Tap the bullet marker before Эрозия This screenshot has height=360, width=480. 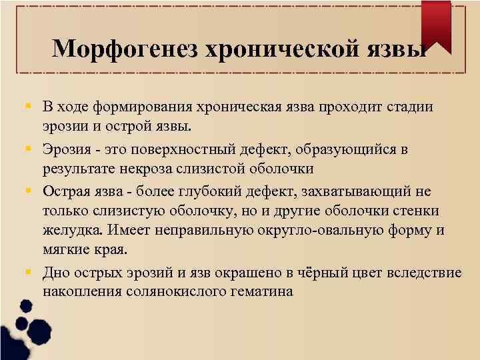coord(31,149)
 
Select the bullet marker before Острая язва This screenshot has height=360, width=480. coord(31,190)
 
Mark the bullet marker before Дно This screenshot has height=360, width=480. coord(31,272)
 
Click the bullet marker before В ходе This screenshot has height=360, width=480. coord(31,107)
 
